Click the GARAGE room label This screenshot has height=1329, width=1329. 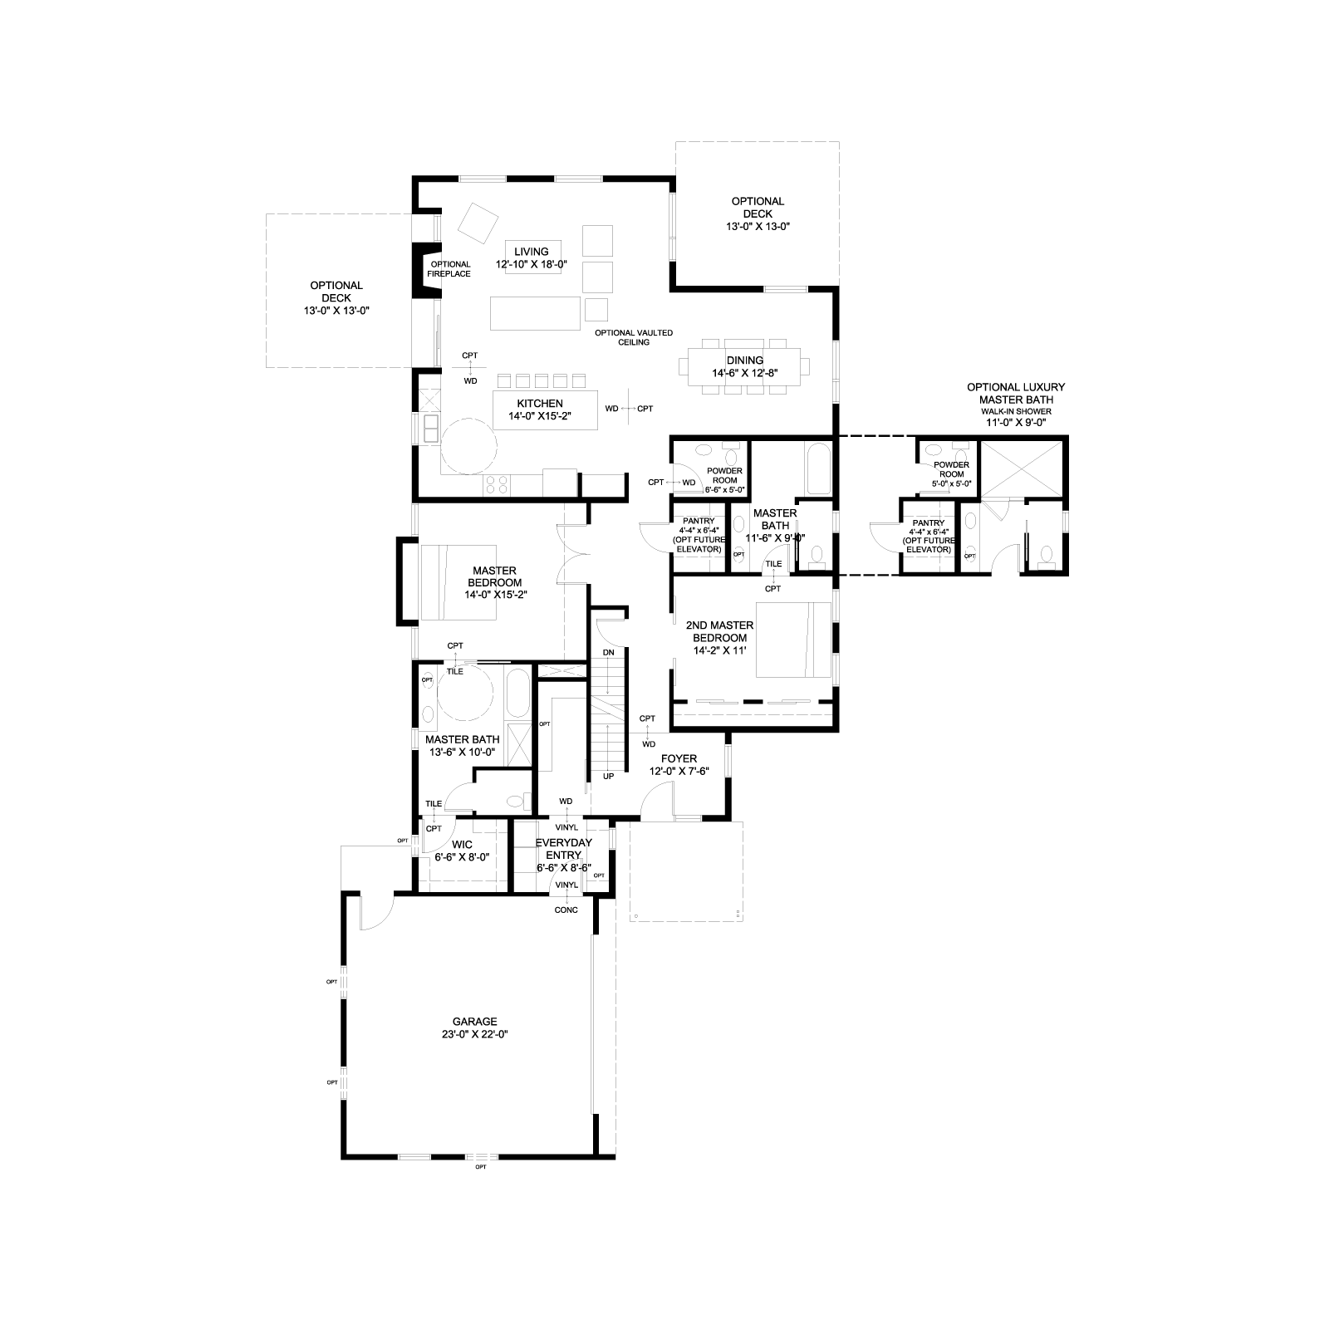click(474, 1028)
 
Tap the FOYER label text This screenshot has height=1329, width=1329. click(679, 765)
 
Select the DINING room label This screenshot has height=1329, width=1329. click(744, 366)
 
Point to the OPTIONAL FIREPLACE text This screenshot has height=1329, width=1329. click(449, 269)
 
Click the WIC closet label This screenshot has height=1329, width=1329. click(462, 851)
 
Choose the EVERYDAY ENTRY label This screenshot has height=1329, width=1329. click(563, 855)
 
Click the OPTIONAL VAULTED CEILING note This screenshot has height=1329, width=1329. click(634, 337)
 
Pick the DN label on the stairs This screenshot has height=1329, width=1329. click(609, 653)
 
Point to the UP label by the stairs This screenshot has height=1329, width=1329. click(609, 777)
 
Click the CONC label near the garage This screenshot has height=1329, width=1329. click(566, 910)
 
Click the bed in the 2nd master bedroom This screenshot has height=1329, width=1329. click(793, 640)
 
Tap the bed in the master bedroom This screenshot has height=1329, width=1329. click(459, 582)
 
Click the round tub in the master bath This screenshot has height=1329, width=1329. click(465, 691)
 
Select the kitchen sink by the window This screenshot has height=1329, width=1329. click(432, 429)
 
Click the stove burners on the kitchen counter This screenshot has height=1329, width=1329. click(498, 483)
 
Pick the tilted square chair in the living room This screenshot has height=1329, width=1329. click(478, 222)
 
